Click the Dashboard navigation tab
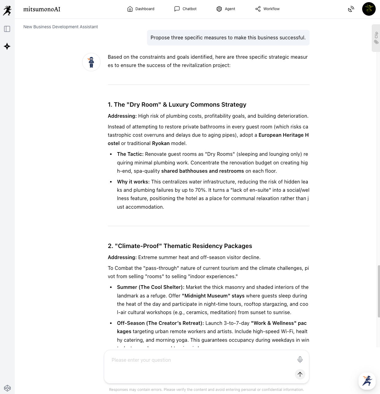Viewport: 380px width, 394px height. pos(141,9)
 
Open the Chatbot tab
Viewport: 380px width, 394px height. pos(185,9)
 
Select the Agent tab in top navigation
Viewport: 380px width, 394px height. pos(226,9)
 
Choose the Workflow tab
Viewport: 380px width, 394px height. pos(267,9)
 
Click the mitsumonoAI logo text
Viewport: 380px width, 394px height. pos(42,9)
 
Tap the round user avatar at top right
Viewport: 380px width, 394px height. pos(369,9)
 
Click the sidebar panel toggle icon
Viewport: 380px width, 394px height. pos(7,29)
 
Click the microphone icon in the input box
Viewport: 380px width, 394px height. pos(300,359)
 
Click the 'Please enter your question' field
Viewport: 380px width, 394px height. pos(200,360)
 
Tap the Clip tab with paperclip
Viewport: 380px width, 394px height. pos(376,38)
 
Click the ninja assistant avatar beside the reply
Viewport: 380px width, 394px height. pos(91,62)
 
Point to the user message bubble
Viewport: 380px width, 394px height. pos(228,38)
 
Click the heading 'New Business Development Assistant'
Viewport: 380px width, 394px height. pos(61,27)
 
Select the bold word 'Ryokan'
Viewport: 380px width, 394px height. pos(161,143)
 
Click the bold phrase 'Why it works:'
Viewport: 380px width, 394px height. pos(133,182)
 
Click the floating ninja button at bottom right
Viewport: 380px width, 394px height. pos(367,381)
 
